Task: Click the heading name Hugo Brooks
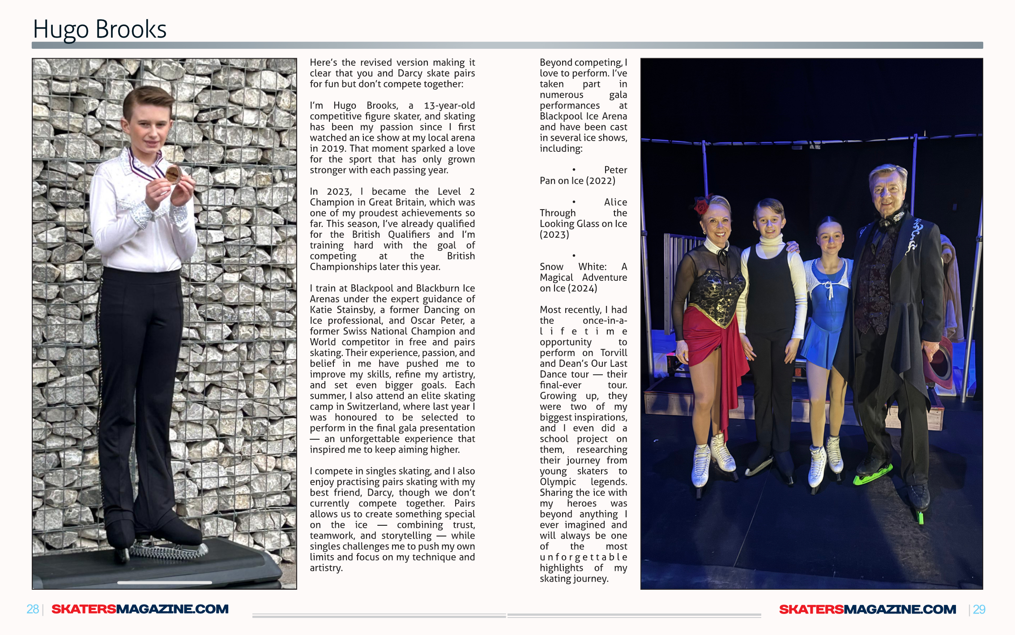click(x=99, y=30)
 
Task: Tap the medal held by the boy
click(x=172, y=174)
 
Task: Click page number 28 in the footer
click(x=32, y=609)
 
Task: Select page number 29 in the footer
click(x=979, y=609)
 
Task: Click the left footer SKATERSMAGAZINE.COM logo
click(x=140, y=609)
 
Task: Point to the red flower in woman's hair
click(x=701, y=206)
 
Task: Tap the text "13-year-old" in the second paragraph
click(x=449, y=106)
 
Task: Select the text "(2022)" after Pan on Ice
click(x=601, y=181)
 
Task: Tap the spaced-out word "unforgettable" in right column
click(x=583, y=557)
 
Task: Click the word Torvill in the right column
click(x=614, y=353)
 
